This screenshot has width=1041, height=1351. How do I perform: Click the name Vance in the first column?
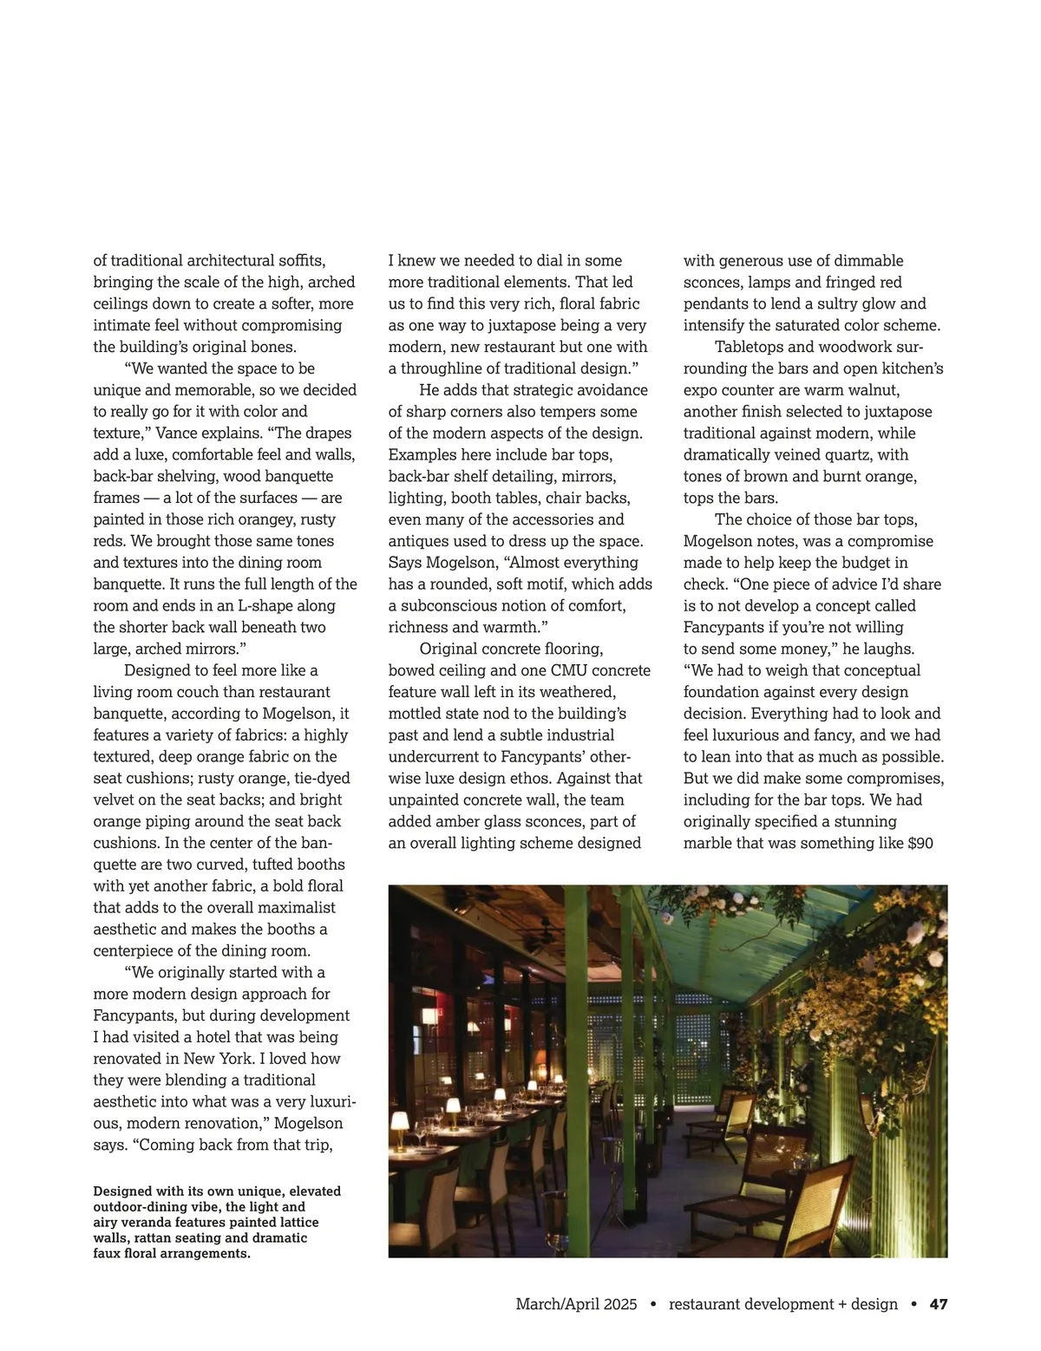pyautogui.click(x=179, y=433)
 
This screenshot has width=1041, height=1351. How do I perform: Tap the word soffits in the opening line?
pyautogui.click(x=301, y=260)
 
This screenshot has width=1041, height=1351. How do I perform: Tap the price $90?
pyautogui.click(x=920, y=843)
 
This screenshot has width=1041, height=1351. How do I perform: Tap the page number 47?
pyautogui.click(x=939, y=1304)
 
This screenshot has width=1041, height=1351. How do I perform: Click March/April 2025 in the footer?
pyautogui.click(x=576, y=1304)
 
